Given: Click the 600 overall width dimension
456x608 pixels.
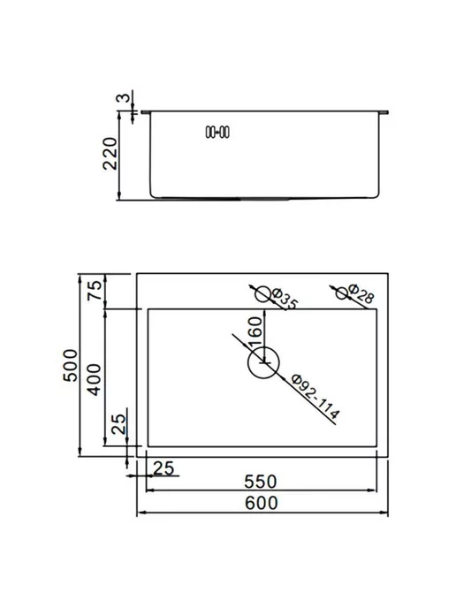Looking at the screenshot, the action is tap(262, 503).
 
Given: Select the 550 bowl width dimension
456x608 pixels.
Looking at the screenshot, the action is tap(261, 482).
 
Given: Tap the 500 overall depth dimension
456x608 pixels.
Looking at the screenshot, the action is tap(71, 365).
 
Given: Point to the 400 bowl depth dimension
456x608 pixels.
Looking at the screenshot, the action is tap(95, 379).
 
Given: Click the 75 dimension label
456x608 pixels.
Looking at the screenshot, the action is tap(95, 290).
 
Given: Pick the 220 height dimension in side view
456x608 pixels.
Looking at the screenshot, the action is tap(110, 153).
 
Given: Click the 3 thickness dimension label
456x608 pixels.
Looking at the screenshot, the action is tap(124, 97).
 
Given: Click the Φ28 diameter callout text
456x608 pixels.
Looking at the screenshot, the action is tap(361, 293).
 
